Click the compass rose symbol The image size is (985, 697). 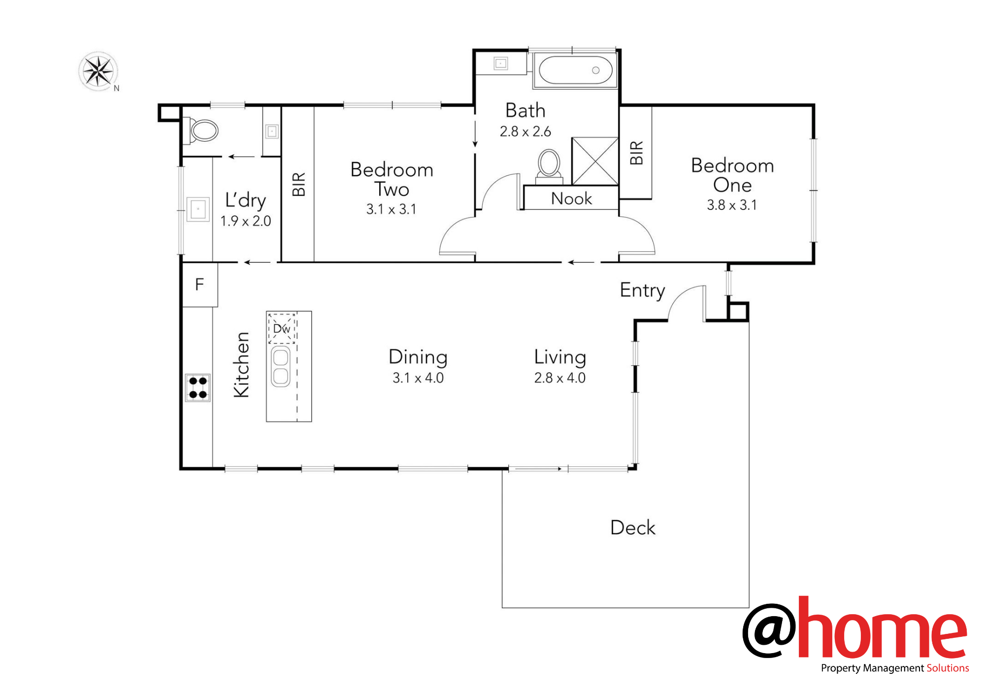click(x=98, y=71)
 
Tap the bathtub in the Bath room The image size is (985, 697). click(x=575, y=70)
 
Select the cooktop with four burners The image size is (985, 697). click(x=198, y=388)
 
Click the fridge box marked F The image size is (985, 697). click(x=200, y=285)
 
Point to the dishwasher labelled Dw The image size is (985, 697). click(x=282, y=328)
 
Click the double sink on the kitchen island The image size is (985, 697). click(x=281, y=367)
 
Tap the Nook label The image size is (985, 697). click(x=571, y=199)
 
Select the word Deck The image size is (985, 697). click(x=633, y=527)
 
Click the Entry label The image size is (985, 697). click(x=643, y=290)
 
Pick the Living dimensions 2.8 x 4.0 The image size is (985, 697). click(x=560, y=378)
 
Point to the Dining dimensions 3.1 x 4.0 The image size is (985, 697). click(x=418, y=378)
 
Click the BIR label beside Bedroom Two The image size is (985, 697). click(x=299, y=184)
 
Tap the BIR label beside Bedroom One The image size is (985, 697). click(x=637, y=153)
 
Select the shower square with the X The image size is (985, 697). click(x=595, y=161)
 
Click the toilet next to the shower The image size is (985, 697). click(x=549, y=167)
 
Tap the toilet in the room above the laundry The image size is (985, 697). click(x=201, y=131)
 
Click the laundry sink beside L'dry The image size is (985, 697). click(x=198, y=209)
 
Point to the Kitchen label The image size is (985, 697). click(x=241, y=365)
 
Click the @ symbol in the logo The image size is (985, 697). click(x=769, y=630)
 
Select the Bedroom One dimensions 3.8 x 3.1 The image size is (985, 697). click(x=732, y=205)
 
